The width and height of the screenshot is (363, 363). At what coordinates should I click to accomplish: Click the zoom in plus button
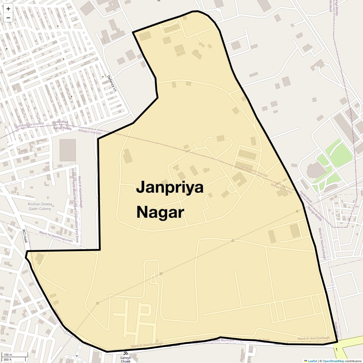[8, 9]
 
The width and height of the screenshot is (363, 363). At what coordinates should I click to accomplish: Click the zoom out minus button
[8, 18]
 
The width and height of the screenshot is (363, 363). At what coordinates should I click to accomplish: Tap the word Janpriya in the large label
[170, 188]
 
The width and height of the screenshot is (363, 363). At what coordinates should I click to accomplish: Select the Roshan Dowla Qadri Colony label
[40, 206]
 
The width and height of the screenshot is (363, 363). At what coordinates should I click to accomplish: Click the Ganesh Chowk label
[126, 359]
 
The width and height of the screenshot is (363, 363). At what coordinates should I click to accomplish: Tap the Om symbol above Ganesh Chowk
[126, 353]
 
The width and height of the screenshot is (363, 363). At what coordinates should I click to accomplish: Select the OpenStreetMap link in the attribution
[333, 361]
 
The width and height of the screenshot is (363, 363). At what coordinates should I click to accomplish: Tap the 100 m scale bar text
[8, 355]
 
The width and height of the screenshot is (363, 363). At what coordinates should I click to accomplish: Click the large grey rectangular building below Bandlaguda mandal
[67, 150]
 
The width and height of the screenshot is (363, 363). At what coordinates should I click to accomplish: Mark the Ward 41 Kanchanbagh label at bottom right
[313, 338]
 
